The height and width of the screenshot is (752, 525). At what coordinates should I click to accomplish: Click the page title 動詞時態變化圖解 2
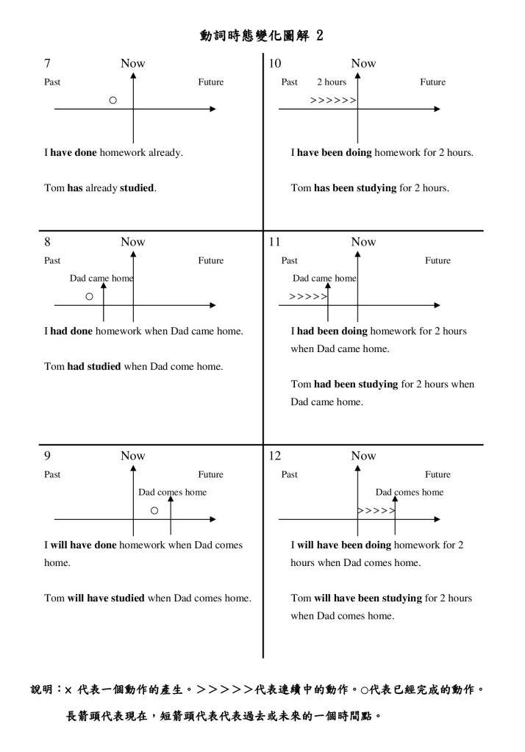261,36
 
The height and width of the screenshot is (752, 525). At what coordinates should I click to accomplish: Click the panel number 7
48,63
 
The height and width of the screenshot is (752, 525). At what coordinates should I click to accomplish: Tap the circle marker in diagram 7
113,99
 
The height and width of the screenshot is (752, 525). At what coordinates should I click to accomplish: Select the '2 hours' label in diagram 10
332,82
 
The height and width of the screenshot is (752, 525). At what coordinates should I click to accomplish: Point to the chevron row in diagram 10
333,100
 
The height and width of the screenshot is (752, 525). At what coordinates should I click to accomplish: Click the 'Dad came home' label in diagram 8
101,279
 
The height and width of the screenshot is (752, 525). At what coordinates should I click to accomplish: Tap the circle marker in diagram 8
89,297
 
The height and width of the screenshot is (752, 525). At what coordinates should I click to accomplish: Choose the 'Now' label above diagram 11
363,242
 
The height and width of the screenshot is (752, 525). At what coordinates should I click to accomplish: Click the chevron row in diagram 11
308,297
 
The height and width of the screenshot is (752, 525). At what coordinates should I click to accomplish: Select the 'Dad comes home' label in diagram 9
173,493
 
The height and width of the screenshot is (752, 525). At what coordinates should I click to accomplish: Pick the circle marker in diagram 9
154,511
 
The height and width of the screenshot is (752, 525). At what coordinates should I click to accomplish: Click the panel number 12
275,456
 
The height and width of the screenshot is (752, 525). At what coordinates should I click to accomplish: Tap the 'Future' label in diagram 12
438,475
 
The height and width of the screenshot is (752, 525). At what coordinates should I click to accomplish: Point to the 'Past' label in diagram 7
52,82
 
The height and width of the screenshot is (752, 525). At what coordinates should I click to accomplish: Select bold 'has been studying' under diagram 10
355,188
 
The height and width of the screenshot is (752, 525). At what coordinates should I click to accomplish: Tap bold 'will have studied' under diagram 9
106,598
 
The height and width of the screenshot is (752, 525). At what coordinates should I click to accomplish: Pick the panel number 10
275,63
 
